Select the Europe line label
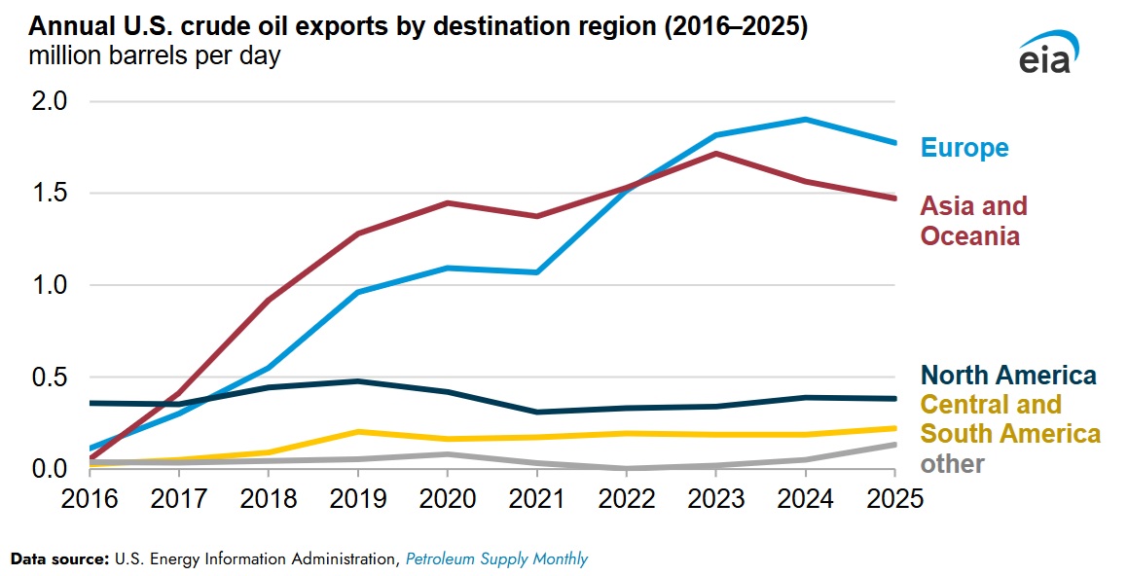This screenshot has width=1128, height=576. pyautogui.click(x=964, y=148)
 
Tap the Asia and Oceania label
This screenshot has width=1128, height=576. pyautogui.click(x=973, y=221)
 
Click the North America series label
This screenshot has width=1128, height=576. pyautogui.click(x=1008, y=376)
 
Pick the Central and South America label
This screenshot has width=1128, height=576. pyautogui.click(x=1010, y=419)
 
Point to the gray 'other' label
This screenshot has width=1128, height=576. pyautogui.click(x=953, y=463)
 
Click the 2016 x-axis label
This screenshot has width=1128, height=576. pyautogui.click(x=90, y=499)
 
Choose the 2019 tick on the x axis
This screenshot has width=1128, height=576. pyautogui.click(x=358, y=499)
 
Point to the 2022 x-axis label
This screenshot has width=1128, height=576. pyautogui.click(x=626, y=499)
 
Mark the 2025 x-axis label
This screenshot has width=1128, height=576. pyautogui.click(x=893, y=499)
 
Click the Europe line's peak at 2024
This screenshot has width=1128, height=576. pyautogui.click(x=805, y=120)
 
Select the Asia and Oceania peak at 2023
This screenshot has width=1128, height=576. pyautogui.click(x=715, y=154)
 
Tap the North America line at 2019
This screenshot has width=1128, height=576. pyautogui.click(x=358, y=380)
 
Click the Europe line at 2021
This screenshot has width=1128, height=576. pyautogui.click(x=536, y=271)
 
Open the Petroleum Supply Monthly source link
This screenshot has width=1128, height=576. pyautogui.click(x=496, y=558)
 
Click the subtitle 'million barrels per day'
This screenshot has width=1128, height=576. pyautogui.click(x=154, y=55)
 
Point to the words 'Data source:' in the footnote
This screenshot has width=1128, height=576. pyautogui.click(x=59, y=558)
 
